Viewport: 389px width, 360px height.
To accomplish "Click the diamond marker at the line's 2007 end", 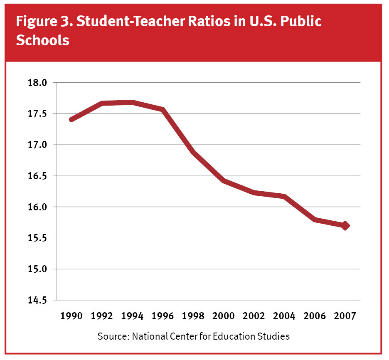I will click(345, 226).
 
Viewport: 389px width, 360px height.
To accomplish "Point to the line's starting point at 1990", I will click(71, 119).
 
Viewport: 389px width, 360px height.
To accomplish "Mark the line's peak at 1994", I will click(132, 102).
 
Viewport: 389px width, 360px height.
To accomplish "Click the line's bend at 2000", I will click(224, 180).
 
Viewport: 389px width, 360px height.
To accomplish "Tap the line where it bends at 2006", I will click(315, 219).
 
